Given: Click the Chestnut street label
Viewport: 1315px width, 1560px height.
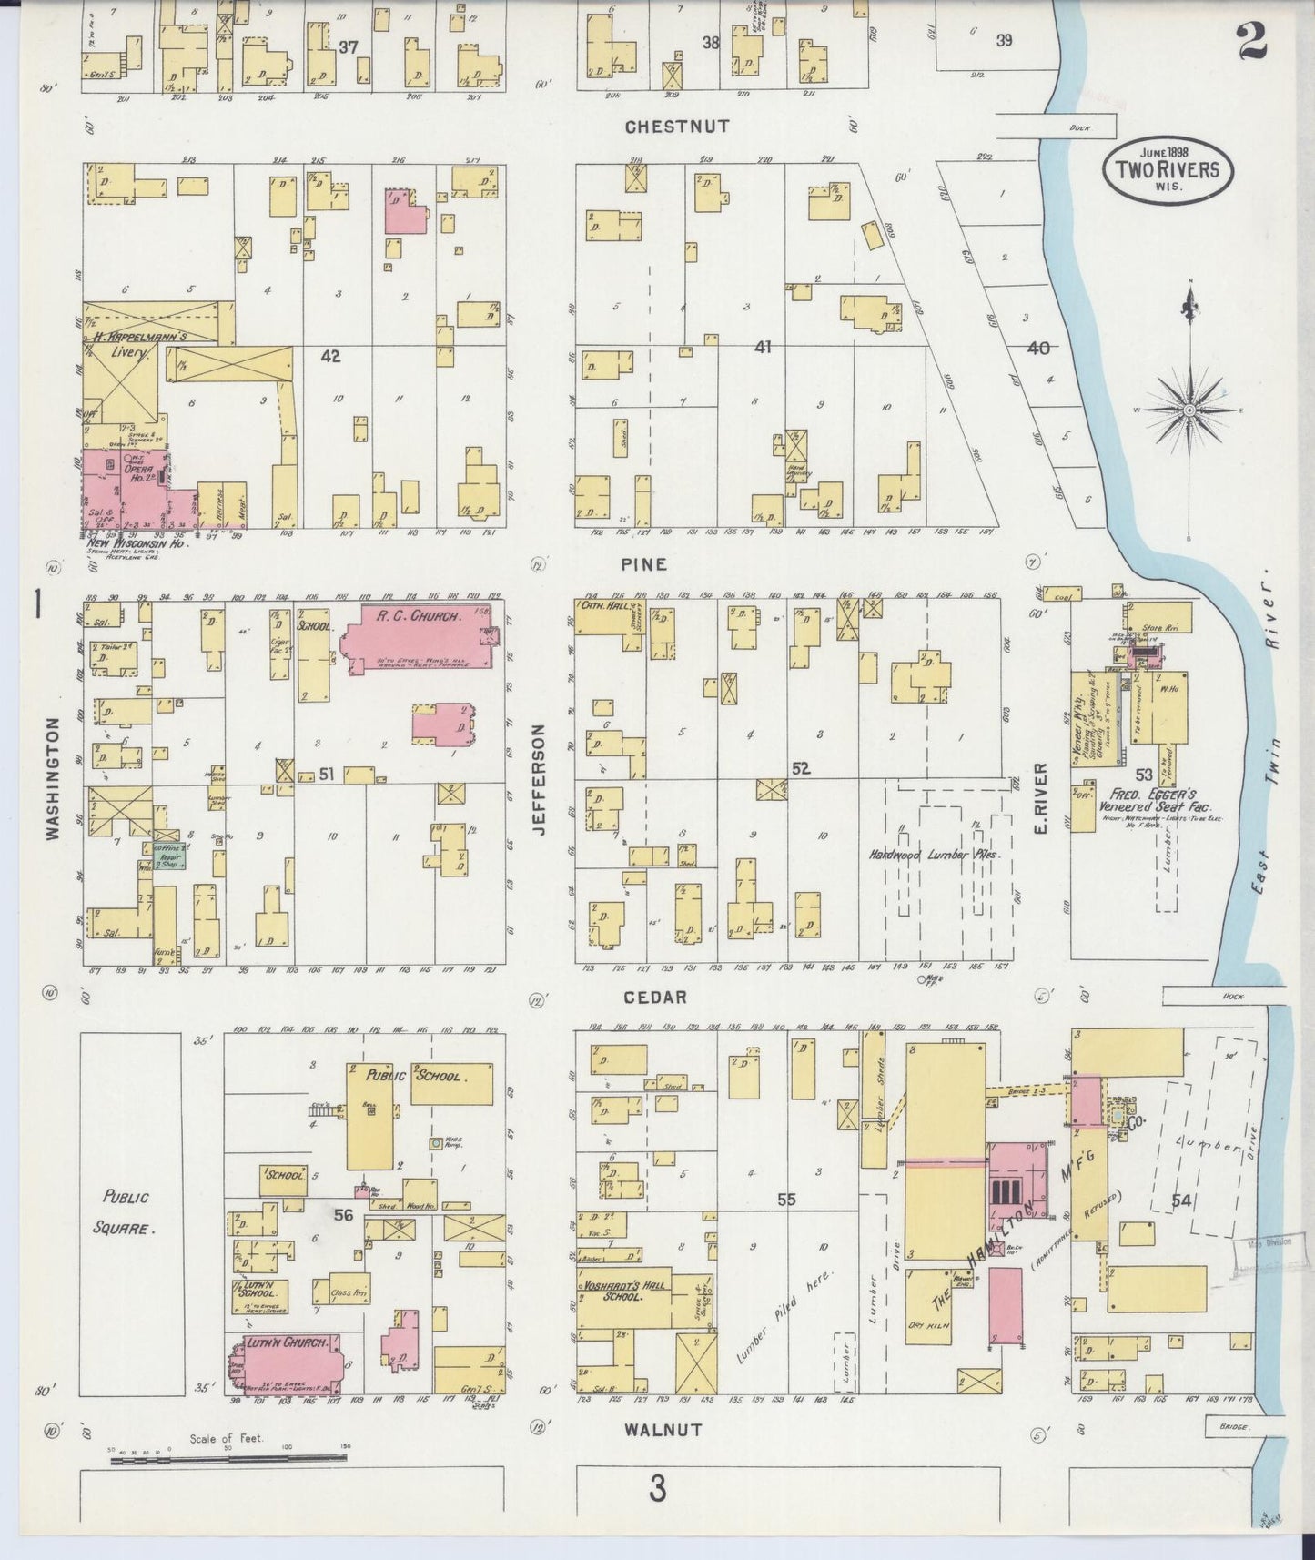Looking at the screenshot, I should coord(677,127).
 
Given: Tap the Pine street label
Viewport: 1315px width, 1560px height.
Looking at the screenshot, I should coord(644,564).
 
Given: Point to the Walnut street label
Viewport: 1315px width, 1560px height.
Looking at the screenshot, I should coord(663,1430).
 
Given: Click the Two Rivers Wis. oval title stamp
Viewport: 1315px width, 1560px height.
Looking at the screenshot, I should coord(1168,168).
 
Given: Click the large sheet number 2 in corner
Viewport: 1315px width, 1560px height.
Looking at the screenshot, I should coord(1254,41).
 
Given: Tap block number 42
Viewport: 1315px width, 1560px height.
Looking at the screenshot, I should coord(330,357).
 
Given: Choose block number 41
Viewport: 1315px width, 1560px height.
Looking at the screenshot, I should coord(763,347).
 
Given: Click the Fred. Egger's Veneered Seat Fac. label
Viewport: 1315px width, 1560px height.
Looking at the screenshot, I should coord(1153,799).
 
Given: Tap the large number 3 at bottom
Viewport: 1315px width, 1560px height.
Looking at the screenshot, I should coord(657,1489).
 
